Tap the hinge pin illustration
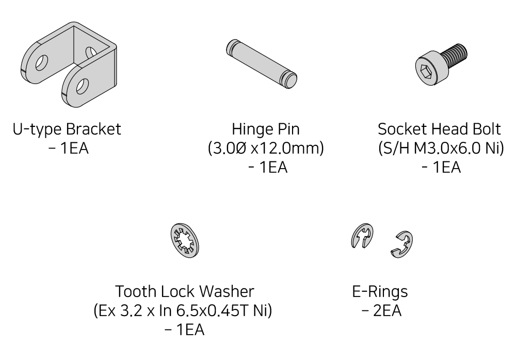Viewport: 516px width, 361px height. (262, 64)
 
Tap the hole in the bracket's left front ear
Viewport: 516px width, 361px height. (42, 63)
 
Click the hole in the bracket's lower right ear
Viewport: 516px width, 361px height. (82, 86)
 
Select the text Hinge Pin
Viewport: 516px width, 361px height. (266, 129)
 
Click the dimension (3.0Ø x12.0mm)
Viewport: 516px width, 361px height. (266, 149)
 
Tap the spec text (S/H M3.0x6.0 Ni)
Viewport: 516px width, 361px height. (441, 149)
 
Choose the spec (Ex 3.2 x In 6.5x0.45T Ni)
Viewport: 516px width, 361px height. (183, 310)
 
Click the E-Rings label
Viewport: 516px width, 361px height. (380, 291)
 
